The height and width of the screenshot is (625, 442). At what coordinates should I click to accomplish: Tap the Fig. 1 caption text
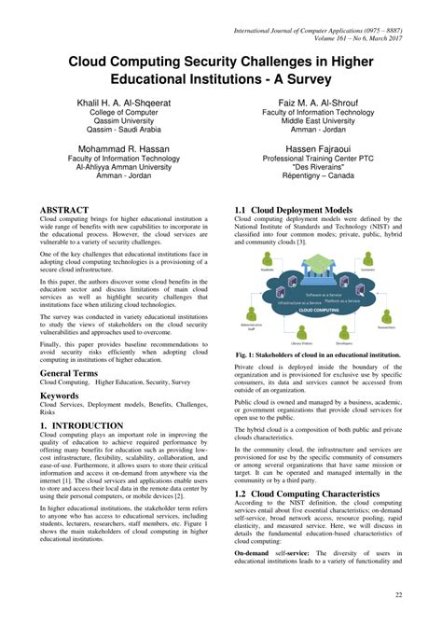coord(318,355)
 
